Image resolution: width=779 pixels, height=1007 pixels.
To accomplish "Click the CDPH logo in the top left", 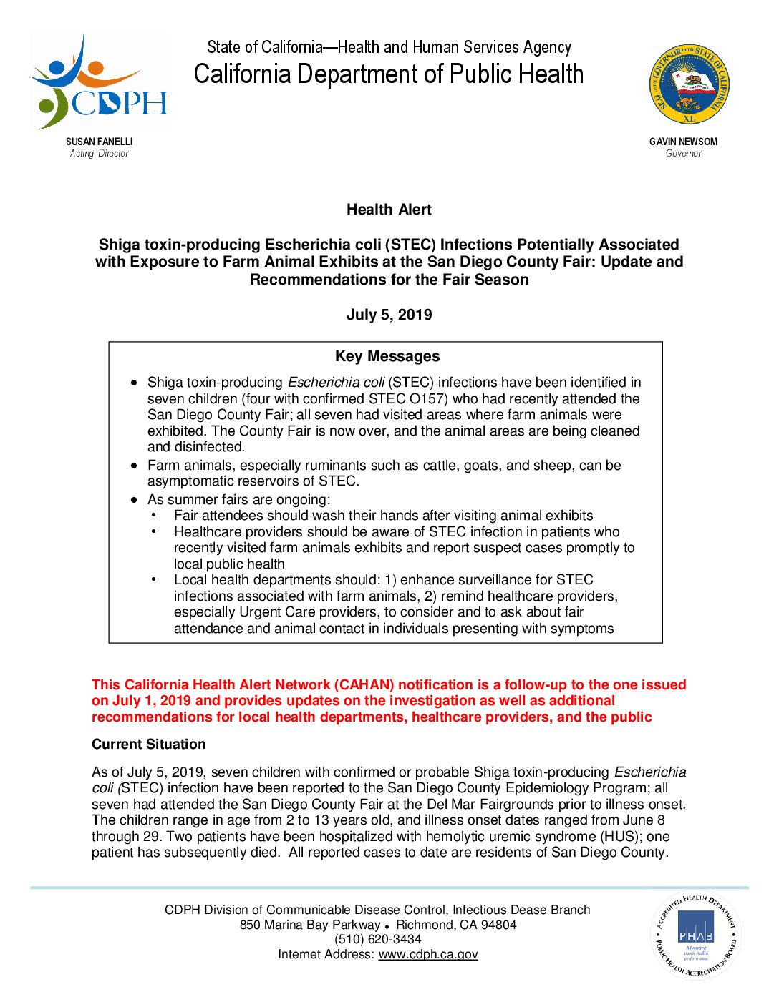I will [x=100, y=82].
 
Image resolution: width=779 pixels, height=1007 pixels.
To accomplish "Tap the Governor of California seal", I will [x=689, y=84].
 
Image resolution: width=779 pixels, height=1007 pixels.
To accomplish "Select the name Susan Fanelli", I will [x=99, y=142].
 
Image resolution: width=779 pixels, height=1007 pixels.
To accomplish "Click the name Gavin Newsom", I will [x=683, y=142].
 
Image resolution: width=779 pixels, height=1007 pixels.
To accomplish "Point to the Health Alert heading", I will [x=389, y=210].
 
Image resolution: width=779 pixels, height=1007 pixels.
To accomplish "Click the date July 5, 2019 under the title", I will [x=389, y=315].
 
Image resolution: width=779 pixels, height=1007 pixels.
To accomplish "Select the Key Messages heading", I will [x=387, y=356].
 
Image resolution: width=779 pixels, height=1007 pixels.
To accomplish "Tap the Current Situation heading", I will [x=148, y=744].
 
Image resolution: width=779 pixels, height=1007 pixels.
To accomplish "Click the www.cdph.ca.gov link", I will [x=428, y=954].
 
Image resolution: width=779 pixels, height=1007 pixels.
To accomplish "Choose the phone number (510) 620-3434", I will [x=377, y=939].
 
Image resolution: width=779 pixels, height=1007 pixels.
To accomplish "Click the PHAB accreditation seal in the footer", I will [x=695, y=935].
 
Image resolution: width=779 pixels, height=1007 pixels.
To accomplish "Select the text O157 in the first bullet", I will [x=427, y=398].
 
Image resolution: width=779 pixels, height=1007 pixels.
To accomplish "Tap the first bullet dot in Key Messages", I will [x=134, y=383].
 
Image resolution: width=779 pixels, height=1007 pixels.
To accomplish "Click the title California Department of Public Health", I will [x=389, y=74].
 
